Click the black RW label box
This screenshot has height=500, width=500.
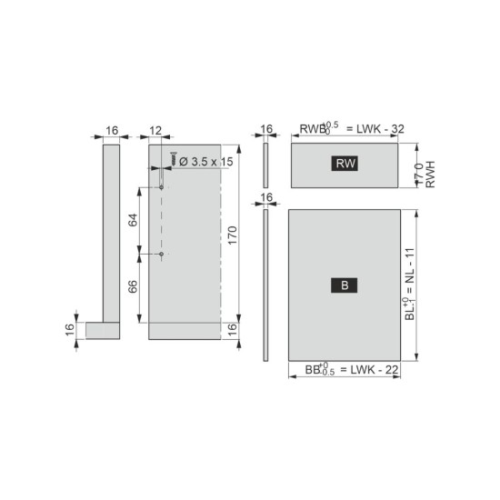coord(345,164)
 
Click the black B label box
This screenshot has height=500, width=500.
coord(344,285)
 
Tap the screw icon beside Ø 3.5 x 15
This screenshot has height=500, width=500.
coord(173,158)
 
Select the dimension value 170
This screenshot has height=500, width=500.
coord(233,235)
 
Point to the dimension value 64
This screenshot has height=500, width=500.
coord(133,220)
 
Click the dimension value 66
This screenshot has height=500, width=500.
coord(133,286)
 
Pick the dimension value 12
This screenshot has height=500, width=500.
coord(155,130)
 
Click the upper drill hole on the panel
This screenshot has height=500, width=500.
coord(161,187)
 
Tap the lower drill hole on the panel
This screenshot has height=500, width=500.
coord(161,254)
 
